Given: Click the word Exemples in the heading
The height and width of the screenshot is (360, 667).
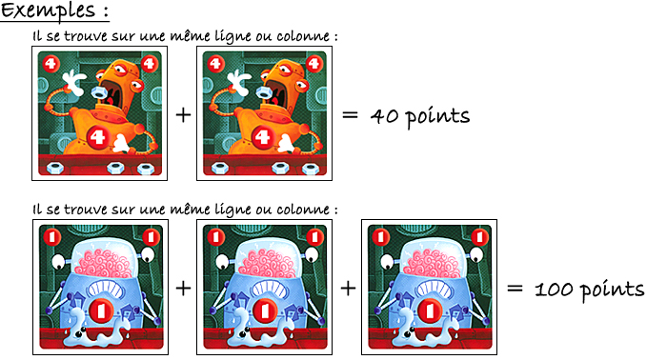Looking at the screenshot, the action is click(48, 11).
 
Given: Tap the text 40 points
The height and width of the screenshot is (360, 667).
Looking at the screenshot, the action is click(420, 116).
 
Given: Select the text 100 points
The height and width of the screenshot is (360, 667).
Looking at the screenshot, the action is click(589, 290).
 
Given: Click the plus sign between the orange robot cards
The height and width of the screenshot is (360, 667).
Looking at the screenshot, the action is click(183, 115).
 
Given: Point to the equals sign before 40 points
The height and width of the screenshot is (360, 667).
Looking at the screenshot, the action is click(350, 115).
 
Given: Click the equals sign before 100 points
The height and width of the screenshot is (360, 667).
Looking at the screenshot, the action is click(515, 289).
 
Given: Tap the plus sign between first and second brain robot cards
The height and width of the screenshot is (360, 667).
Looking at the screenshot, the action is click(183, 289).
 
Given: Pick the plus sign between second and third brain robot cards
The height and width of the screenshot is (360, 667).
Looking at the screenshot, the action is click(348, 289).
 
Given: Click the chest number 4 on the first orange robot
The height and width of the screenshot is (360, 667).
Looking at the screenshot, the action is click(97, 137).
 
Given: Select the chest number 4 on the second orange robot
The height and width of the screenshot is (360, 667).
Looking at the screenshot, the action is click(262, 137).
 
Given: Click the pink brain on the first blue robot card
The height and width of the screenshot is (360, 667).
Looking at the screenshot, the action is click(103, 264).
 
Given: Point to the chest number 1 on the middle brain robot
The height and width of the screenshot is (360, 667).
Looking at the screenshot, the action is click(265, 310).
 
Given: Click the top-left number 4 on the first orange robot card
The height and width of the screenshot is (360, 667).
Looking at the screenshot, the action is click(51, 64).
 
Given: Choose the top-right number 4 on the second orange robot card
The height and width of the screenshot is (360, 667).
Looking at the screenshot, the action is click(313, 64).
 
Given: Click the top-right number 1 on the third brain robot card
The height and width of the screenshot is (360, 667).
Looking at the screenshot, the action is click(479, 237).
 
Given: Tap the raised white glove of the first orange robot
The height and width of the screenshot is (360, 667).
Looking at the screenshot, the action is click(74, 83).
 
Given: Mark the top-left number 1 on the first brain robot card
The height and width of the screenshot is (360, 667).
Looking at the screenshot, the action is click(52, 237).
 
